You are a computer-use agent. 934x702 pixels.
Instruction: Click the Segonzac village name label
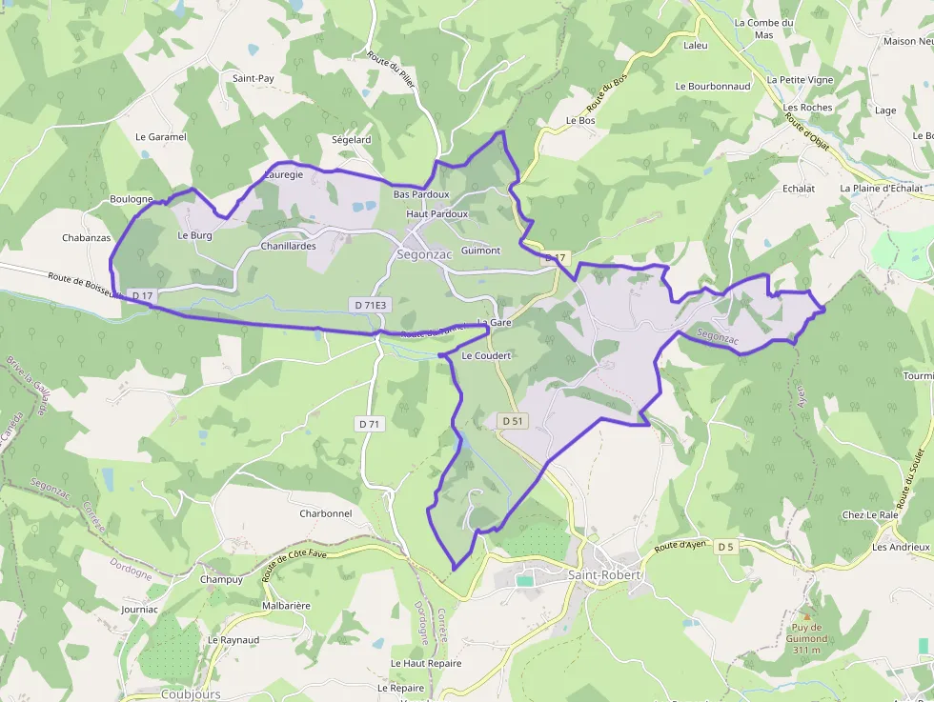(424, 255)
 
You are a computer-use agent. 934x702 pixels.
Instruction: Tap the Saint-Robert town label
(605, 575)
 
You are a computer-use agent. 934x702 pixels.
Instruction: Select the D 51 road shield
(512, 420)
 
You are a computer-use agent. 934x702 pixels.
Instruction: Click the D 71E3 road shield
(370, 305)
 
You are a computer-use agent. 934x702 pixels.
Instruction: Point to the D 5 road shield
(726, 546)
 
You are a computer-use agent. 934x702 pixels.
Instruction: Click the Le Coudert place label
(486, 355)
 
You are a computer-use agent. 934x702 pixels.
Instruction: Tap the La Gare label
(495, 323)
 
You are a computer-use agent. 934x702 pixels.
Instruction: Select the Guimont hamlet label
(480, 251)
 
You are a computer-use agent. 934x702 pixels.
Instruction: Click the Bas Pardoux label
(420, 194)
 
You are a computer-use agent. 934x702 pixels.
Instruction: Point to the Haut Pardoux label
(437, 214)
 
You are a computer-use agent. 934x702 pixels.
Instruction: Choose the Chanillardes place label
(288, 246)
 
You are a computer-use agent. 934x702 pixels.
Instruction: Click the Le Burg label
(194, 234)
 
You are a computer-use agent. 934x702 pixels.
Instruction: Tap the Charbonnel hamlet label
(326, 513)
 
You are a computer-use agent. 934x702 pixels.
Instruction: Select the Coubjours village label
(191, 694)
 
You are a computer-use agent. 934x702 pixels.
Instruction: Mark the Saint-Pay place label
(254, 78)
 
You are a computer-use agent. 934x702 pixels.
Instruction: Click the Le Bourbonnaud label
(713, 86)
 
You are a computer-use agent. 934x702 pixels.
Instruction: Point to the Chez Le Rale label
(869, 515)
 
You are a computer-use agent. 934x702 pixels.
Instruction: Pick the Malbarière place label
(286, 605)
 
